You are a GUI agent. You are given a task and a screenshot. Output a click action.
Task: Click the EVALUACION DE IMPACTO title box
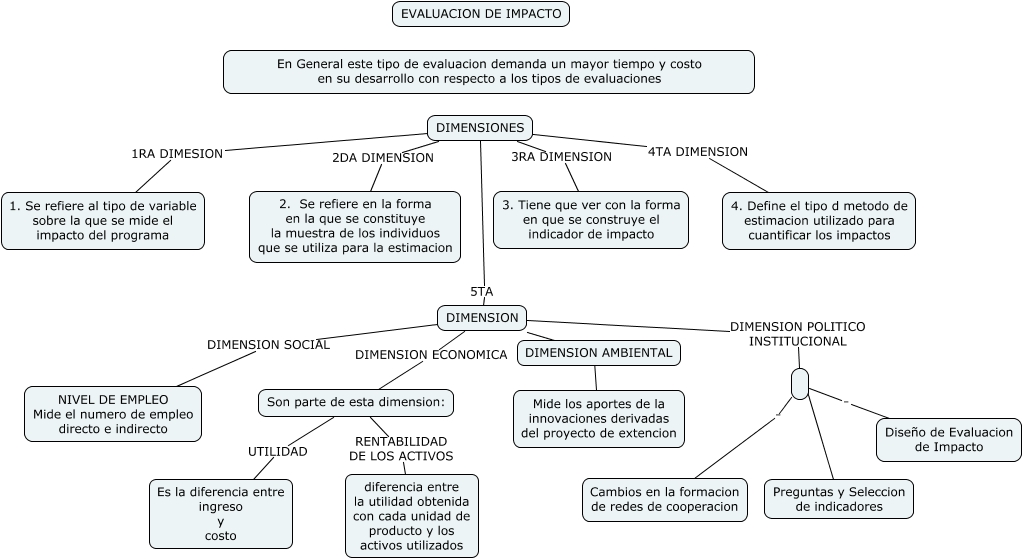point(481,14)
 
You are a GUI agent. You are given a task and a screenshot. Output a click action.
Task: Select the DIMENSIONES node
point(480,128)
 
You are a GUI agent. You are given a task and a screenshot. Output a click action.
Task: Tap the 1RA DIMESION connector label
point(177,154)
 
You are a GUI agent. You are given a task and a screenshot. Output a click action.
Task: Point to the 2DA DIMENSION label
point(383,157)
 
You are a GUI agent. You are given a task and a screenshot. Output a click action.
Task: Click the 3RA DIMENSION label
point(561,156)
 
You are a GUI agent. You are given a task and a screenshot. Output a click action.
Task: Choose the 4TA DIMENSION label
point(698,152)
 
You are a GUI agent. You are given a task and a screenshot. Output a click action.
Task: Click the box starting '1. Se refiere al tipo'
point(103,220)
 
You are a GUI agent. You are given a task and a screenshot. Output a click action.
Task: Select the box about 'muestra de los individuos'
point(355,227)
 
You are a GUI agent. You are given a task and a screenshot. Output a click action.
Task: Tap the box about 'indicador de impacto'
point(590,219)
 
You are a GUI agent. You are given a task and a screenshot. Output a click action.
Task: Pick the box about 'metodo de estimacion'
point(819,220)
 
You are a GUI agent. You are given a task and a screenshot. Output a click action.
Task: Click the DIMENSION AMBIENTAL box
point(598,353)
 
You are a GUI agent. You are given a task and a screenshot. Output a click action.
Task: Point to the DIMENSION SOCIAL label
point(268,344)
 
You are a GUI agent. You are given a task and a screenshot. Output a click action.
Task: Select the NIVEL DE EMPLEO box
point(112,414)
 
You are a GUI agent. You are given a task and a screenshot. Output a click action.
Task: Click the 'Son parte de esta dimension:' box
point(356,402)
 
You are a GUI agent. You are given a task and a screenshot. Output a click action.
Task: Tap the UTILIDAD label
point(277,451)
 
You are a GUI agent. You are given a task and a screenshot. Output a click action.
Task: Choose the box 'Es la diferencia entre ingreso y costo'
point(220,513)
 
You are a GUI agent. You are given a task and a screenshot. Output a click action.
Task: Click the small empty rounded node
point(799,383)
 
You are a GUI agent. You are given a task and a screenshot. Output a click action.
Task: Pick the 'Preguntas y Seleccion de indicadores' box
point(839,499)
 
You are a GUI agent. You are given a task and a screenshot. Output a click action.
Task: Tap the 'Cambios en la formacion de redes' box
point(665,499)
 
